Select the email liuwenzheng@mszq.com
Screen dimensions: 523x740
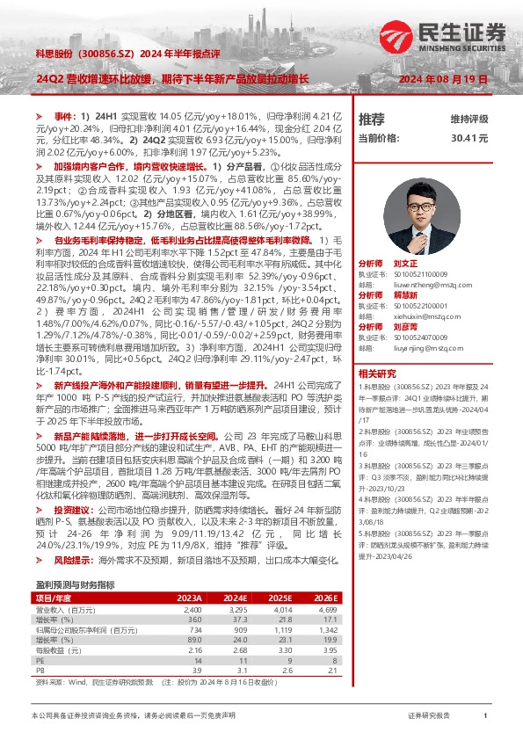(423, 284)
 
